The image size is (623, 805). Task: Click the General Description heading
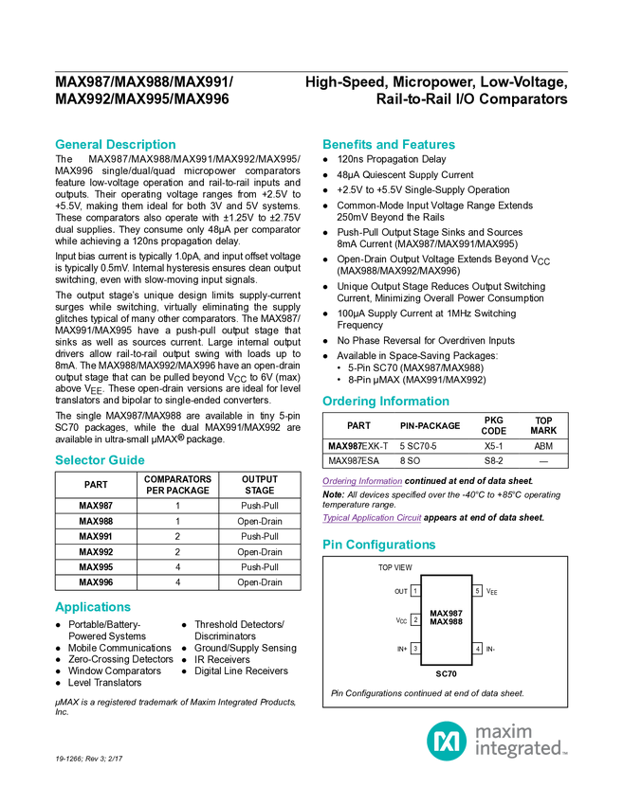pyautogui.click(x=115, y=144)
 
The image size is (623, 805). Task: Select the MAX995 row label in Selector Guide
pyautogui.click(x=96, y=567)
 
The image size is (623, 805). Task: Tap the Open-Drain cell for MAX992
pyautogui.click(x=260, y=552)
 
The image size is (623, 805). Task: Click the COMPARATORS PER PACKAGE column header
pyautogui.click(x=178, y=485)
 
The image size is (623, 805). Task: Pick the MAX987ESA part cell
pyautogui.click(x=354, y=461)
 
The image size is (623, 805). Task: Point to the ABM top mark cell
pyautogui.click(x=543, y=446)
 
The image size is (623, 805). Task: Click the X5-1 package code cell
pyautogui.click(x=493, y=446)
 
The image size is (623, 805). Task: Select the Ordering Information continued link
pyautogui.click(x=362, y=481)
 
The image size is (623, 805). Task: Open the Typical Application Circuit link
pyautogui.click(x=372, y=518)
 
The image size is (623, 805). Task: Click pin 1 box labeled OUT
pyautogui.click(x=415, y=591)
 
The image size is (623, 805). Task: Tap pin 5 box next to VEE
pyautogui.click(x=478, y=591)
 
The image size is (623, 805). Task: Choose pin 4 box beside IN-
pyautogui.click(x=478, y=649)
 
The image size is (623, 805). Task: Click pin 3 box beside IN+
pyautogui.click(x=415, y=649)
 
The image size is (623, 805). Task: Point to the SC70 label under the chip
pyautogui.click(x=446, y=673)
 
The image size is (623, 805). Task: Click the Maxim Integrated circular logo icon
pyautogui.click(x=447, y=741)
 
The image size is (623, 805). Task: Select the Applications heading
pyautogui.click(x=93, y=607)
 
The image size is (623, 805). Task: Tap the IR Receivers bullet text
pyautogui.click(x=222, y=660)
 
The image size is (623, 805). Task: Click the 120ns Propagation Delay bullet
pyautogui.click(x=392, y=160)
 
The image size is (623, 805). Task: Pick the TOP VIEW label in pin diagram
pyautogui.click(x=394, y=567)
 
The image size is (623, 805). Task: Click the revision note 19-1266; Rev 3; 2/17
pyautogui.click(x=88, y=759)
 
